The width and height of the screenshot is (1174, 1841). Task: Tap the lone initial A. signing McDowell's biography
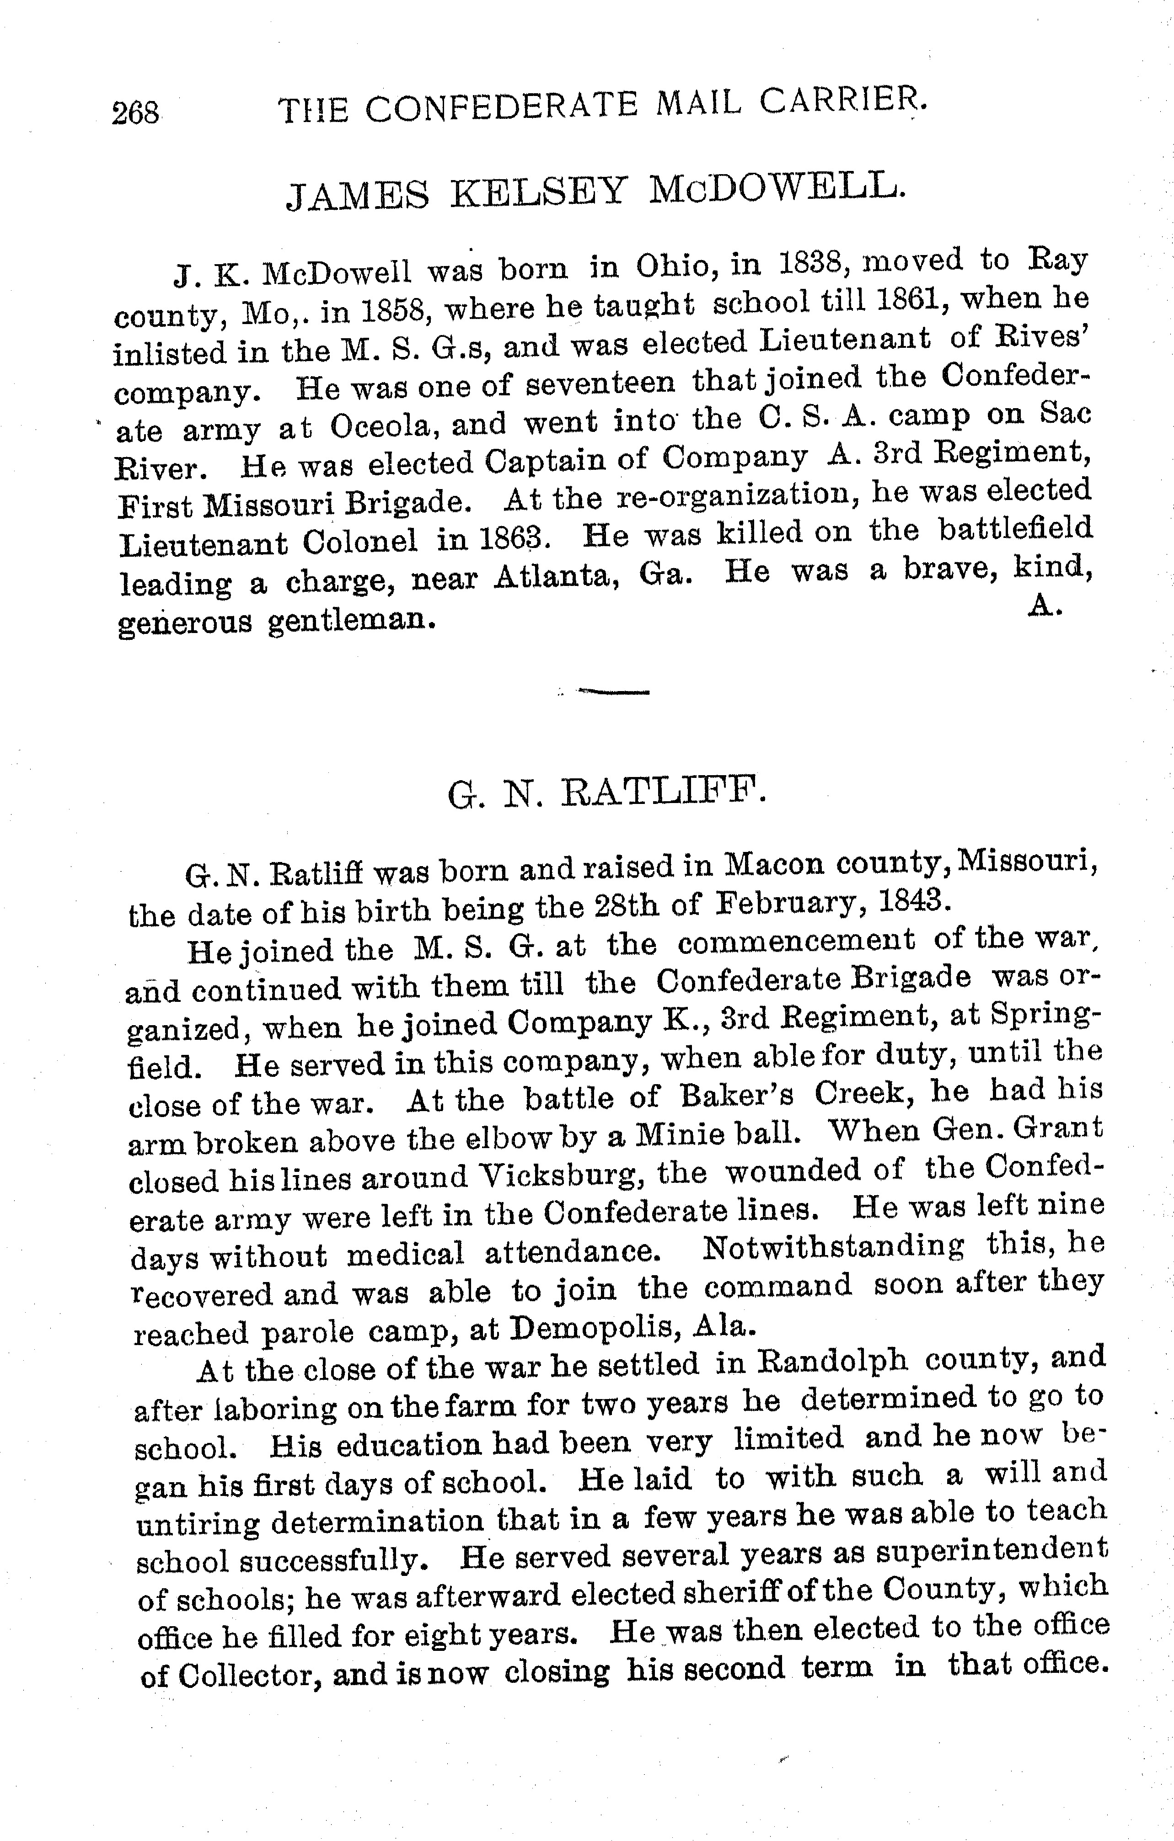1042,606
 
